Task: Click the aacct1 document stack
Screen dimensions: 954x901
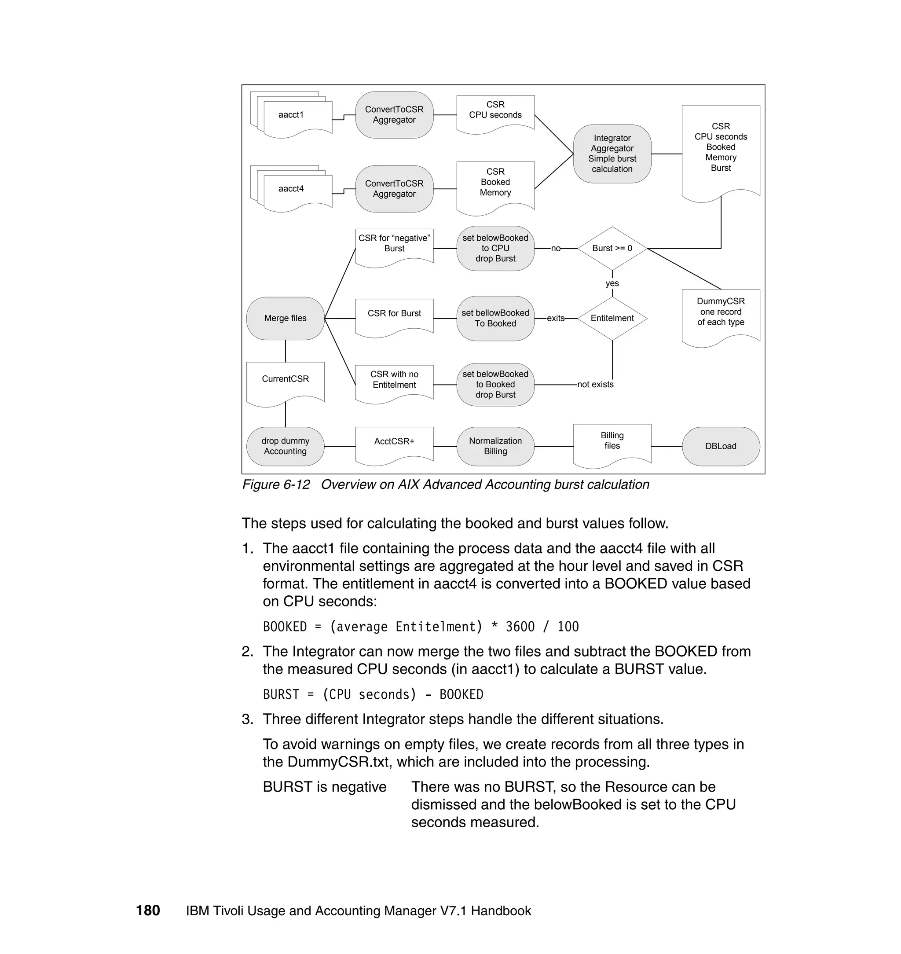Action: (x=292, y=115)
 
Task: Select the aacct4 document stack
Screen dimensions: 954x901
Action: (x=292, y=189)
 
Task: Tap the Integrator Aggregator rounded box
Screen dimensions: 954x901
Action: (x=612, y=154)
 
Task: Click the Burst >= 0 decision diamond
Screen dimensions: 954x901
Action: (x=612, y=248)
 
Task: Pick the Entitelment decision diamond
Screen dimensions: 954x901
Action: (x=612, y=319)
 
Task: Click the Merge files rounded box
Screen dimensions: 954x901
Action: (x=285, y=319)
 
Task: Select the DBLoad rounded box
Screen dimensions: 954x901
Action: (x=721, y=446)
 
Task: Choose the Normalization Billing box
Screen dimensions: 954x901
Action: (x=495, y=446)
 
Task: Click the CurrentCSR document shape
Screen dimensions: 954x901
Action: (x=285, y=380)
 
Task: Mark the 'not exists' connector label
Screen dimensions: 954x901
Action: (x=595, y=385)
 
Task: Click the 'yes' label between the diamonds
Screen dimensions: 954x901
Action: (x=612, y=283)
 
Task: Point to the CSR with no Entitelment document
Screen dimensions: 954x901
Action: (x=394, y=381)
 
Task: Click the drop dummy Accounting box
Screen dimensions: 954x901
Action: (x=285, y=446)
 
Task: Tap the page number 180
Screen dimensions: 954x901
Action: (x=148, y=911)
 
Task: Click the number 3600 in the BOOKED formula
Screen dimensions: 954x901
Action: (x=520, y=627)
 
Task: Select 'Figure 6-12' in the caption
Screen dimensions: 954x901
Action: (x=276, y=484)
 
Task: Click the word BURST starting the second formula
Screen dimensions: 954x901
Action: (x=281, y=695)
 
